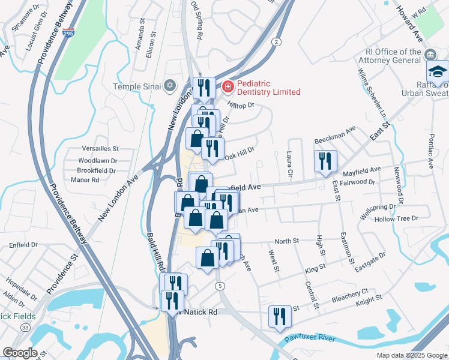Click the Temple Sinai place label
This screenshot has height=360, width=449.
coord(137,86)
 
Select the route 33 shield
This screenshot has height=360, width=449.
coord(24,327)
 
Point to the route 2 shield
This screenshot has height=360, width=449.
coord(276,41)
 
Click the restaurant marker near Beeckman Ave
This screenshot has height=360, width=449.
coord(325,161)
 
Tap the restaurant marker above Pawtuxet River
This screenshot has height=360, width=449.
coord(279,316)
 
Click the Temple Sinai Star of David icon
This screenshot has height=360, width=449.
coord(170,86)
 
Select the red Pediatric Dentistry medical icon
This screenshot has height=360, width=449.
coord(228,88)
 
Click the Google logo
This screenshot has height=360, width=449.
coord(20,353)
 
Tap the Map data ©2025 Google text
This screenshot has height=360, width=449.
coord(411,355)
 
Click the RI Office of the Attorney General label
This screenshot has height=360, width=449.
coord(393,56)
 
